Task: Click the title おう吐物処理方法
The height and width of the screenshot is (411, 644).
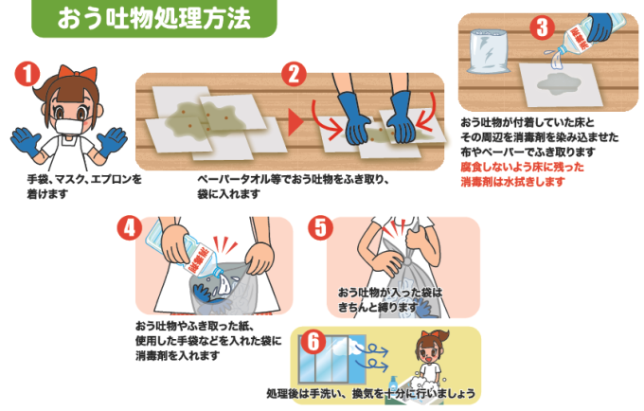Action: click(x=153, y=18)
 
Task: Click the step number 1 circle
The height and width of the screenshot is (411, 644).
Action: click(x=27, y=74)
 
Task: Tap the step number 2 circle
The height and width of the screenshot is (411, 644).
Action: click(x=295, y=74)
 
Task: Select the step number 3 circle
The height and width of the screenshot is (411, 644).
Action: click(x=542, y=27)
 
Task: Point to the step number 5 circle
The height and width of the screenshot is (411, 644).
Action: click(x=321, y=228)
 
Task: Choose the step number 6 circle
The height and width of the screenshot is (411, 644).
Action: click(x=313, y=342)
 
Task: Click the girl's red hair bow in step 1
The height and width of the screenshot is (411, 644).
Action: click(x=78, y=73)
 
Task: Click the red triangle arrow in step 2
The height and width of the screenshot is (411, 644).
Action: click(x=295, y=121)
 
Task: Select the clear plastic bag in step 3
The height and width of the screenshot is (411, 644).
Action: click(x=487, y=51)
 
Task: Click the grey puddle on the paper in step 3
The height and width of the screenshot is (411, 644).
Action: click(x=560, y=84)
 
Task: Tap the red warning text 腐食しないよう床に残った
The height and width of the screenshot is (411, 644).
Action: click(x=522, y=167)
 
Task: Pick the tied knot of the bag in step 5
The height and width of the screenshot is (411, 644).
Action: click(x=409, y=260)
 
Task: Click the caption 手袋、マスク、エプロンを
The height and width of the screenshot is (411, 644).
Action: click(x=84, y=179)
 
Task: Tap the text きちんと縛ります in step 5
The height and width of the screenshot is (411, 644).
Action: click(x=378, y=307)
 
